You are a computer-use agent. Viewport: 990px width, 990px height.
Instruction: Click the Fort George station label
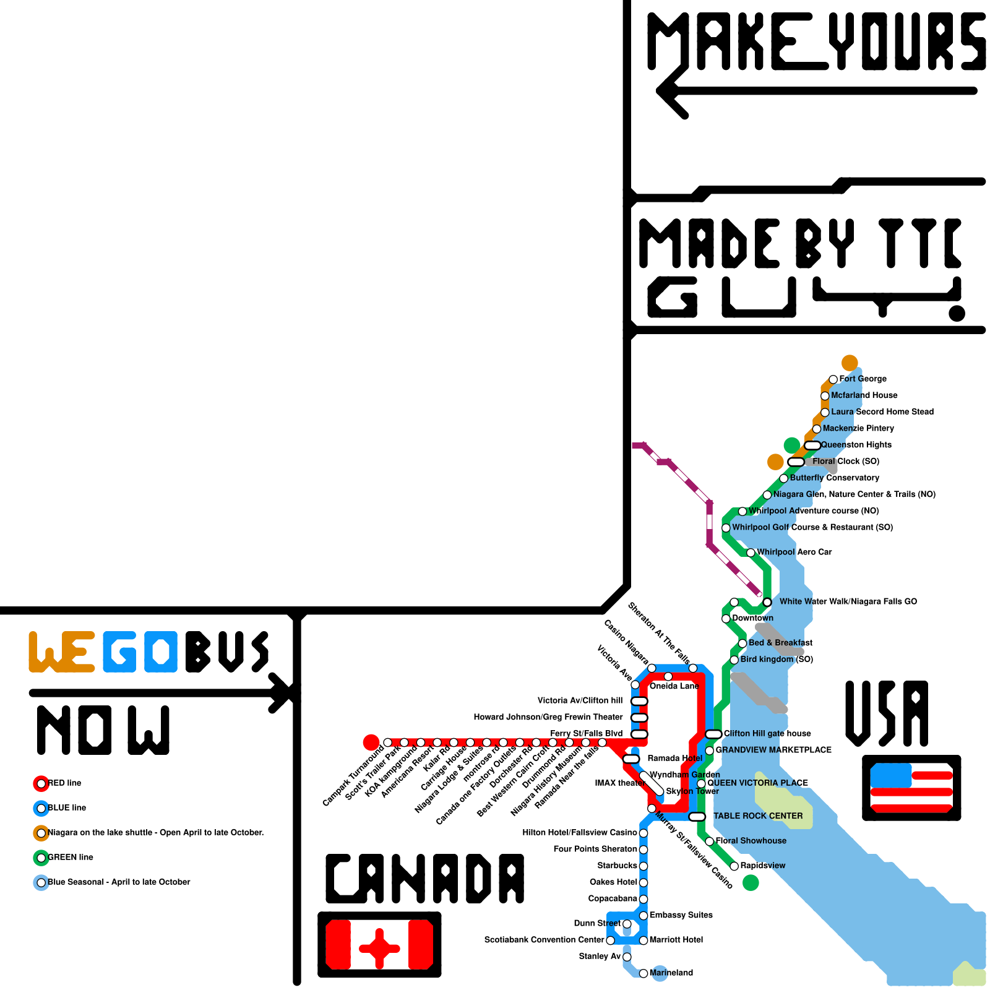(x=863, y=379)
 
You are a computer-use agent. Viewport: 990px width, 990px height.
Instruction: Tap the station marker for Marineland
(x=643, y=973)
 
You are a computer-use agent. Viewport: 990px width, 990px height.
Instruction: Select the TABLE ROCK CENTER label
(x=758, y=816)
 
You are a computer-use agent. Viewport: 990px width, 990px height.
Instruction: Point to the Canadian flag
(x=379, y=944)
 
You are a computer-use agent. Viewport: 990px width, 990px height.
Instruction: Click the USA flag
(x=911, y=788)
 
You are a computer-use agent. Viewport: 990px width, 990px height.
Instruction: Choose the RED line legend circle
(x=41, y=783)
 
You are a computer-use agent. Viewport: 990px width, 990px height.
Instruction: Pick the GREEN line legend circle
(x=41, y=858)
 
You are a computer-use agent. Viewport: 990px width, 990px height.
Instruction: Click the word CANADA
(x=425, y=879)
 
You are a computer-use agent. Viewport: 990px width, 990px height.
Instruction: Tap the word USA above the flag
(x=887, y=713)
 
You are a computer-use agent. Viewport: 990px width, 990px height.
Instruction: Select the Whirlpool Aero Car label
(x=794, y=552)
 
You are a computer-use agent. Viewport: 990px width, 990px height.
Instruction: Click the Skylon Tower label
(x=692, y=791)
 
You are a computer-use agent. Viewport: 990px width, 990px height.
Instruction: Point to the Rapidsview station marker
(x=734, y=866)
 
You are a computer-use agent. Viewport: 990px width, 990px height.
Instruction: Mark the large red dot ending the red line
(x=371, y=742)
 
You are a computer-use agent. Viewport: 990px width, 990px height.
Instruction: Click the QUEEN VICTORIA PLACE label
(x=758, y=783)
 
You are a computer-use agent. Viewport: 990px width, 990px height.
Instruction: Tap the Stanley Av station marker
(x=627, y=957)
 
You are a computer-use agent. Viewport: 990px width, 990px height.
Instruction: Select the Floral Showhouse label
(x=751, y=841)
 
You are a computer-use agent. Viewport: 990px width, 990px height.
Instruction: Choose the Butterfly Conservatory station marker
(x=784, y=478)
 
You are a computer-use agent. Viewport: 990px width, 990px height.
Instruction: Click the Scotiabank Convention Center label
(x=544, y=940)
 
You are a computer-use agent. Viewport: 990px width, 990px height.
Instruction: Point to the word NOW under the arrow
(x=103, y=730)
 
